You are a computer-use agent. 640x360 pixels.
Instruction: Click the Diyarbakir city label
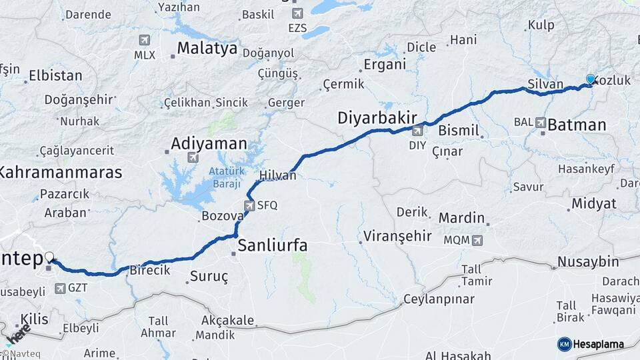point(377,118)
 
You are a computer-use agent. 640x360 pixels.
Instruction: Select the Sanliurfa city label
point(273,245)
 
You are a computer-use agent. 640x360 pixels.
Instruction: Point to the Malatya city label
point(207,48)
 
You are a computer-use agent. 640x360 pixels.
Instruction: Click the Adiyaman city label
point(209,143)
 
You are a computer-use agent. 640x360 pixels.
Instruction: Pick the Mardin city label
point(461,217)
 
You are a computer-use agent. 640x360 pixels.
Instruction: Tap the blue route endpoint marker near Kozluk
point(590,79)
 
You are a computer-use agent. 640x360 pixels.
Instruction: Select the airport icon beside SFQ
point(249,205)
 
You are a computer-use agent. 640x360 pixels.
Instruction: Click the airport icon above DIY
point(417,131)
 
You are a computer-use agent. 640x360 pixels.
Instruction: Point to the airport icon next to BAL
point(540,123)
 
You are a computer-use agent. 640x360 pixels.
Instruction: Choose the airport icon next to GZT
point(61,288)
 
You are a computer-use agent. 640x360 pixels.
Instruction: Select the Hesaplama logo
point(591,344)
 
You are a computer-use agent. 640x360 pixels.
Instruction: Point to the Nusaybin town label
point(588,261)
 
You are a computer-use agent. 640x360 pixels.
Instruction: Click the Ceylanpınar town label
point(439,298)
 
